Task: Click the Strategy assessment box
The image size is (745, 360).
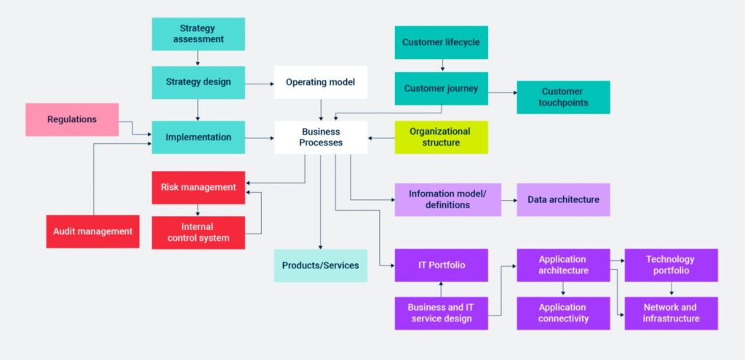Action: tap(198, 34)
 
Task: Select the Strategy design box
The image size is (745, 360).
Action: tap(198, 82)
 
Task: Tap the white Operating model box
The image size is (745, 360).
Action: tap(320, 82)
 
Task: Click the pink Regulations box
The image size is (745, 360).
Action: tap(72, 119)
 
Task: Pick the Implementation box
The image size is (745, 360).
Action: tap(198, 137)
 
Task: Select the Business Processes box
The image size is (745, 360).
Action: tap(320, 137)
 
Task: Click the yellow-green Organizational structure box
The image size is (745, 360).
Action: tap(441, 137)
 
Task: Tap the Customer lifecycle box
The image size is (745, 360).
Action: tap(441, 42)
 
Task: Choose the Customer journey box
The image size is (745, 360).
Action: tap(441, 89)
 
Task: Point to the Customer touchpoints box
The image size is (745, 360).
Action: tap(562, 97)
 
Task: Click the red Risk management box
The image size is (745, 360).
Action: tap(198, 187)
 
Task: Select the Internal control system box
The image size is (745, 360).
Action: tap(198, 233)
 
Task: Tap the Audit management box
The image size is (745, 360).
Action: tap(92, 231)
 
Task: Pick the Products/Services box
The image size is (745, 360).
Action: tap(320, 265)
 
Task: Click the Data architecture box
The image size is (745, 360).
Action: tap(562, 199)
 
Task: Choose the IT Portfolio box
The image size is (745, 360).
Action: tap(441, 265)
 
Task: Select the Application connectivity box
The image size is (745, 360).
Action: tap(562, 313)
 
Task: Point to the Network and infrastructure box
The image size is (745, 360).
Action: tap(670, 313)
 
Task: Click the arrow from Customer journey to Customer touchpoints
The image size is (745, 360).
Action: tap(502, 92)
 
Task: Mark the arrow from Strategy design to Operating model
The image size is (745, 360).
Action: tap(259, 83)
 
